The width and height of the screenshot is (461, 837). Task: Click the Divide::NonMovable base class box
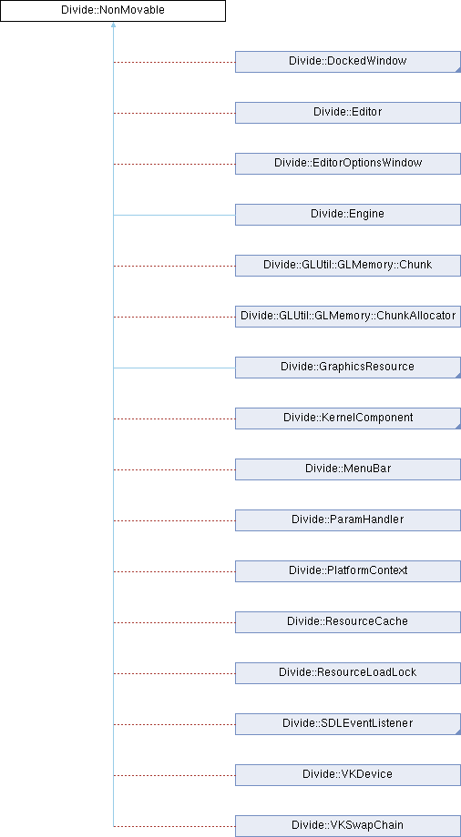pyautogui.click(x=113, y=11)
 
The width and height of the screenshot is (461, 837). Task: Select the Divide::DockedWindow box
pyautogui.click(x=348, y=61)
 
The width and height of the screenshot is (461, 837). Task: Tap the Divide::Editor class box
pyautogui.click(x=348, y=113)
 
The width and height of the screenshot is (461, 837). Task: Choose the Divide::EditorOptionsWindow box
pyautogui.click(x=348, y=164)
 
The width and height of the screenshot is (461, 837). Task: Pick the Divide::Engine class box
pyautogui.click(x=348, y=215)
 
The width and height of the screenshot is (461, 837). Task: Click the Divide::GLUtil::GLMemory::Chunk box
pyautogui.click(x=348, y=266)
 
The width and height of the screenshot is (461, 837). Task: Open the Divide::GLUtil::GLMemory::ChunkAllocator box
pyautogui.click(x=348, y=317)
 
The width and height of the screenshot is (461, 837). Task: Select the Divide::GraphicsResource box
pyautogui.click(x=348, y=368)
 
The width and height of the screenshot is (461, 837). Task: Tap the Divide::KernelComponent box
pyautogui.click(x=348, y=418)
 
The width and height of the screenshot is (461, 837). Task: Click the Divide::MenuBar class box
pyautogui.click(x=348, y=469)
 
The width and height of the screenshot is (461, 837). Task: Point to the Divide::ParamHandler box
pyautogui.click(x=348, y=520)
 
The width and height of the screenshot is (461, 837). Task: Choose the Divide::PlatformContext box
pyautogui.click(x=348, y=571)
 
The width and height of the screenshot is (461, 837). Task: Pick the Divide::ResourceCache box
pyautogui.click(x=348, y=622)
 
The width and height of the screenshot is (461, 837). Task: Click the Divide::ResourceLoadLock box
pyautogui.click(x=348, y=673)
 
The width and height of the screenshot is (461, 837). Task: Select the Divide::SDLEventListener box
pyautogui.click(x=348, y=724)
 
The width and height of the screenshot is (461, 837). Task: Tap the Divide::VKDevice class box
pyautogui.click(x=348, y=775)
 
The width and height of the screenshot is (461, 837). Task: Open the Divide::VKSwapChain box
pyautogui.click(x=348, y=826)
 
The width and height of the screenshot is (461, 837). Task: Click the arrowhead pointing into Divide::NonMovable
pyautogui.click(x=113, y=25)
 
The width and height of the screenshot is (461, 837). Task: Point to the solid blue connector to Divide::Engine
pyautogui.click(x=174, y=215)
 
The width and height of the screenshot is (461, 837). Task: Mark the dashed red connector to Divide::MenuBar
pyautogui.click(x=174, y=469)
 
